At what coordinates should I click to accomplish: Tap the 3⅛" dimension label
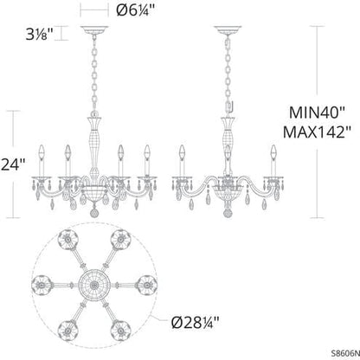(41, 35)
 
